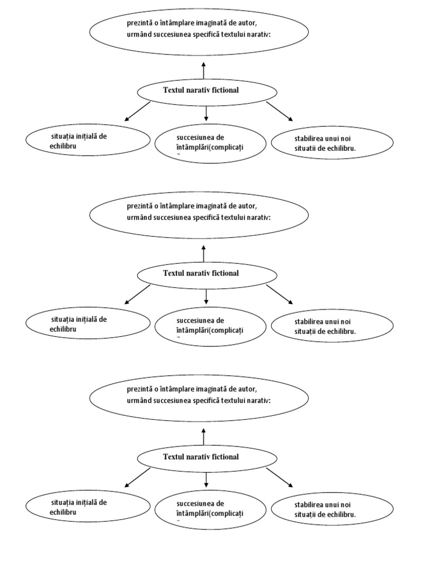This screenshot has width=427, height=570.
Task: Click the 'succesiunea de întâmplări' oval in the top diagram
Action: point(210,143)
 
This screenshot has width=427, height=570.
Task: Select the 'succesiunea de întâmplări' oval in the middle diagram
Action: point(210,326)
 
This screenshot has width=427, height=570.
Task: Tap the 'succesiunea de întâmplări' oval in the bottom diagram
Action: point(210,508)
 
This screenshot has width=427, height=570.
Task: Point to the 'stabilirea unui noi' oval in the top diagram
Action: point(332,143)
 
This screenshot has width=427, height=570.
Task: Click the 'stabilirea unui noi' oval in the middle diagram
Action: point(332,326)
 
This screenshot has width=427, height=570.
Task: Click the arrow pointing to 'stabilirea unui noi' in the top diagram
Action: point(279,111)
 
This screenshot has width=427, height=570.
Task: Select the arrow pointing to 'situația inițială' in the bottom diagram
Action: point(137,478)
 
